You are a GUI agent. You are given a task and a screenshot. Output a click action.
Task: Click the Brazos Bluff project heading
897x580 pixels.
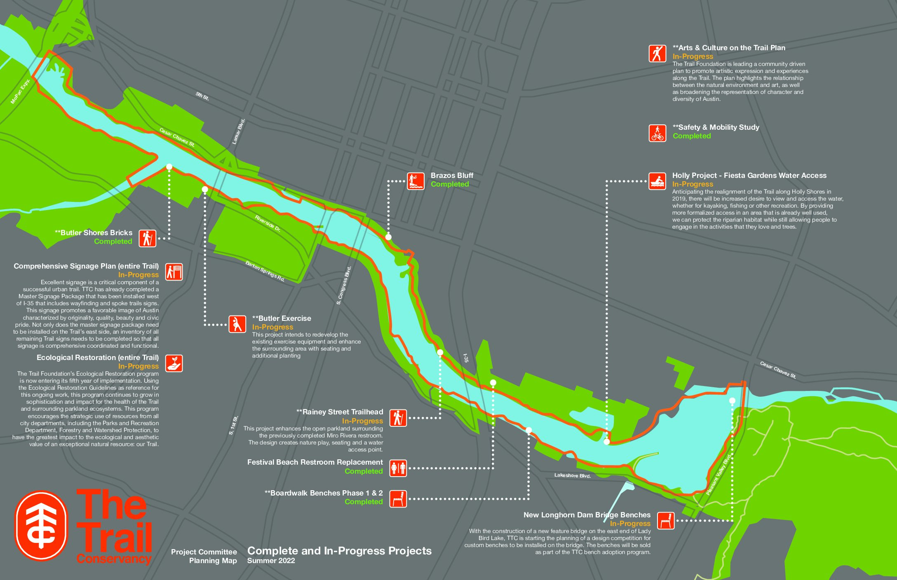[x=452, y=175]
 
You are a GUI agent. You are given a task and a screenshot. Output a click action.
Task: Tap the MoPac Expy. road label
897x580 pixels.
[x=21, y=91]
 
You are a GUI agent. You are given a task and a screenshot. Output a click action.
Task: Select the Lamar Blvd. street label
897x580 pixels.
[x=239, y=131]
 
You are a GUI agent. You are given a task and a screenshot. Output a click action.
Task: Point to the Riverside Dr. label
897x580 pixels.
[x=268, y=224]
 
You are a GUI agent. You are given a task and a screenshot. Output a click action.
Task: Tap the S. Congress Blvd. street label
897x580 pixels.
[x=344, y=285]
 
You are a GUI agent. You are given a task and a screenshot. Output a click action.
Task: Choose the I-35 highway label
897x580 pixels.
[x=466, y=358]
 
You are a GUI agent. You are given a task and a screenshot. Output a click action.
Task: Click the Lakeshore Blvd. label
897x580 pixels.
[x=572, y=475]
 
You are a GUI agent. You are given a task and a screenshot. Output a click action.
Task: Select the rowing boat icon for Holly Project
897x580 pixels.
[x=657, y=181]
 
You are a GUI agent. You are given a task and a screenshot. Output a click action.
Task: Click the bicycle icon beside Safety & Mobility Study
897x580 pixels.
[x=657, y=133]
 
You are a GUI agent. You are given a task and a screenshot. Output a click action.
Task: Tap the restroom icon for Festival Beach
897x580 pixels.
[x=398, y=468]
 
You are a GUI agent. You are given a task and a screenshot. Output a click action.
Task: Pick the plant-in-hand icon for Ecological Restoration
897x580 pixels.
[x=174, y=363]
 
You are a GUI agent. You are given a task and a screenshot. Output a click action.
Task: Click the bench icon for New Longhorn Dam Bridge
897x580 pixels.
[x=665, y=521]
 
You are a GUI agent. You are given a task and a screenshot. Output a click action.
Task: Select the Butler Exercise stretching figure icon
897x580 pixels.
[x=237, y=324]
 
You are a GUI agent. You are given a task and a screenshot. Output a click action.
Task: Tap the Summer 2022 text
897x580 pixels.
[x=271, y=561]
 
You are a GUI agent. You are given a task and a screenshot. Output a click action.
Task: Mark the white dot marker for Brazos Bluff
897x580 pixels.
[x=388, y=237]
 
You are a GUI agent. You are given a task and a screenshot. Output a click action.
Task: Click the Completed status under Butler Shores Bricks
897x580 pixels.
[x=113, y=241]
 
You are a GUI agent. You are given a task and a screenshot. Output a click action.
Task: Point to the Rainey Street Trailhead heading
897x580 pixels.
[x=340, y=412]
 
